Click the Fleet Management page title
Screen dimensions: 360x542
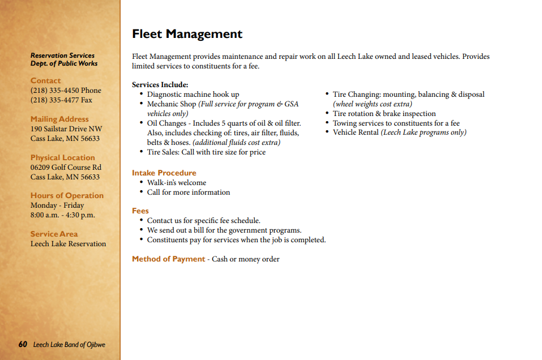click(187, 35)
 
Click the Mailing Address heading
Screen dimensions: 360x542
click(59, 119)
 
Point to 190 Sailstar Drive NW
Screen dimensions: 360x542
click(66, 129)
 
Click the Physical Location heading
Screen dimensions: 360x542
click(62, 158)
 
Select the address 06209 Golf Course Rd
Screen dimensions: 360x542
click(66, 168)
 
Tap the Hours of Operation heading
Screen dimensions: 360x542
click(67, 196)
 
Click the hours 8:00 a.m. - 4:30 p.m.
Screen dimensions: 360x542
click(62, 215)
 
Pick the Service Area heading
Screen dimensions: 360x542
click(54, 234)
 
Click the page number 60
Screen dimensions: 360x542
click(23, 344)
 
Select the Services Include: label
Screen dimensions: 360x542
click(160, 85)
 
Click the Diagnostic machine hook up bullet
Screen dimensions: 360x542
click(193, 95)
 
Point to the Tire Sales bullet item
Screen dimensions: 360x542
click(206, 152)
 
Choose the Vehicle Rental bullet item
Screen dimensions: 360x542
click(399, 132)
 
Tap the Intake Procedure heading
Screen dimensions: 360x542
click(164, 173)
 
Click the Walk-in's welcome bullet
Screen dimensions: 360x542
click(177, 183)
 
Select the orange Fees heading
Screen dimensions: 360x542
click(140, 211)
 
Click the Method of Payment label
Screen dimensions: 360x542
click(168, 259)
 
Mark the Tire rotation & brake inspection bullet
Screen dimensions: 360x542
click(384, 114)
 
